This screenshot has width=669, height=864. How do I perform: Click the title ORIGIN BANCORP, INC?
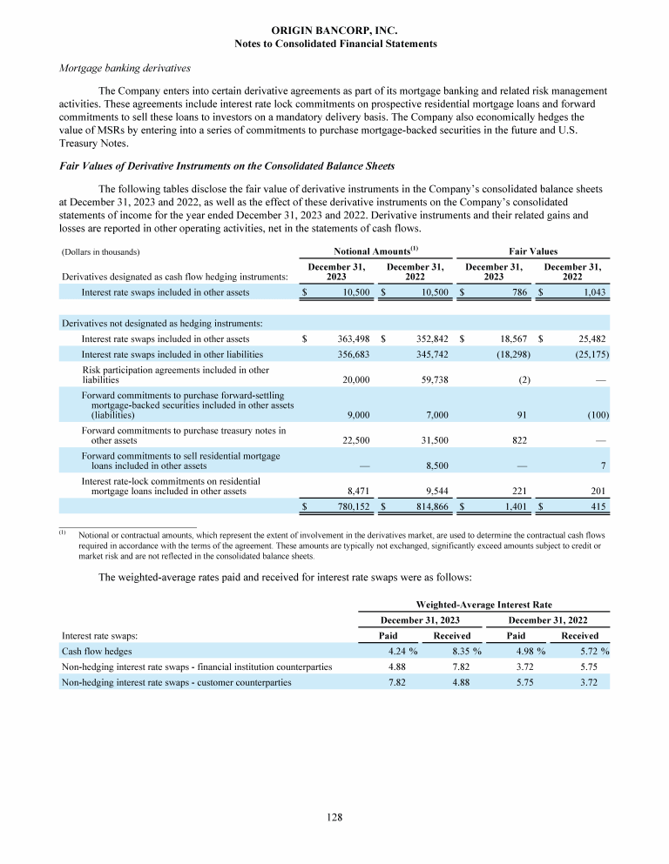pos(335,30)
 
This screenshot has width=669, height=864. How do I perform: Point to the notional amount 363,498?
pos(355,338)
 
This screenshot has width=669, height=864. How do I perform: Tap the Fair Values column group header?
pos(533,251)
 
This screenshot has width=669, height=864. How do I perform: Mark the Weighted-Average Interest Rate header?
pos(484,604)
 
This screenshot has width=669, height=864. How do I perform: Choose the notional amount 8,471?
pos(361,491)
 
